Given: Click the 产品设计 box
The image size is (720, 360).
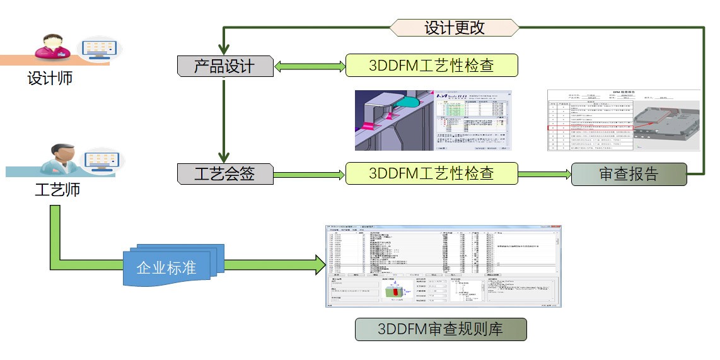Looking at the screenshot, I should (x=224, y=66).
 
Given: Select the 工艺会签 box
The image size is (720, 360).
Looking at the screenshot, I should (x=224, y=173).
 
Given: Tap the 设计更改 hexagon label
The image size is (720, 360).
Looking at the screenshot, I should (x=454, y=28).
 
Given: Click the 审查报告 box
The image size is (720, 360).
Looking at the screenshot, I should (x=628, y=174).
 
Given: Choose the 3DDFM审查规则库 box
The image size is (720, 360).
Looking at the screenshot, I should (x=440, y=329).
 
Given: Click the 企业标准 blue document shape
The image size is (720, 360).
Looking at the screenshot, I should (x=168, y=267).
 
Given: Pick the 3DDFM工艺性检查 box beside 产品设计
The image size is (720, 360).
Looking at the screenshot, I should (x=431, y=66).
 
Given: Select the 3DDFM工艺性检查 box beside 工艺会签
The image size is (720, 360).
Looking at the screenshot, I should (x=431, y=173).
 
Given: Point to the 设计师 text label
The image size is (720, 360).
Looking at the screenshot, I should (x=50, y=79).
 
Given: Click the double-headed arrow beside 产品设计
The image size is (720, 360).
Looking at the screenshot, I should (x=309, y=66).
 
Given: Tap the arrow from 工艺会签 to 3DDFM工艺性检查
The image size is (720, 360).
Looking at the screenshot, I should (x=309, y=174).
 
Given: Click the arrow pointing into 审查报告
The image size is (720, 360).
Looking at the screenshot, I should (x=544, y=174).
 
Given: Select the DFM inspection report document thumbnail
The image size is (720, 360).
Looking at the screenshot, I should (x=624, y=120).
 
